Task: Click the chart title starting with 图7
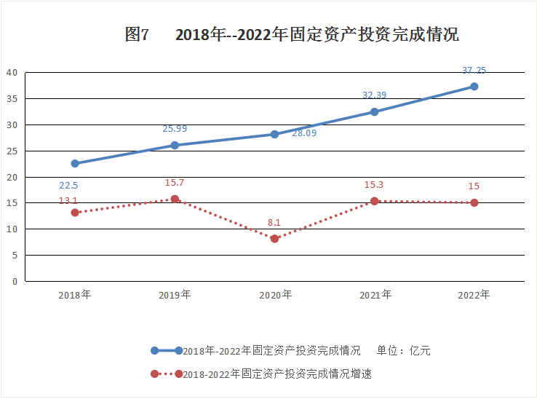pyautogui.click(x=292, y=35)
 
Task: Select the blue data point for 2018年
pyautogui.click(x=75, y=164)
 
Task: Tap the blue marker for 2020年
pyautogui.click(x=274, y=134)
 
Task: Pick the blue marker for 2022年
pyautogui.click(x=474, y=87)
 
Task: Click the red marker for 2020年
pyautogui.click(x=274, y=239)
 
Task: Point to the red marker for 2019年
pyautogui.click(x=175, y=199)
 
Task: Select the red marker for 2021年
pyautogui.click(x=375, y=201)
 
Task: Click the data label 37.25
pyautogui.click(x=474, y=71)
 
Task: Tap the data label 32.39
pyautogui.click(x=374, y=95)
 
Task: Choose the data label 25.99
pyautogui.click(x=175, y=129)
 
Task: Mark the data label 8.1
pyautogui.click(x=274, y=223)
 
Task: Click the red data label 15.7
pyautogui.click(x=175, y=183)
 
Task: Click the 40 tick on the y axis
pyautogui.click(x=12, y=72)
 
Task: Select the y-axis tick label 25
pyautogui.click(x=12, y=151)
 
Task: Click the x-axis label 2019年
pyautogui.click(x=175, y=295)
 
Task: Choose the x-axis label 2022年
pyautogui.click(x=474, y=295)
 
